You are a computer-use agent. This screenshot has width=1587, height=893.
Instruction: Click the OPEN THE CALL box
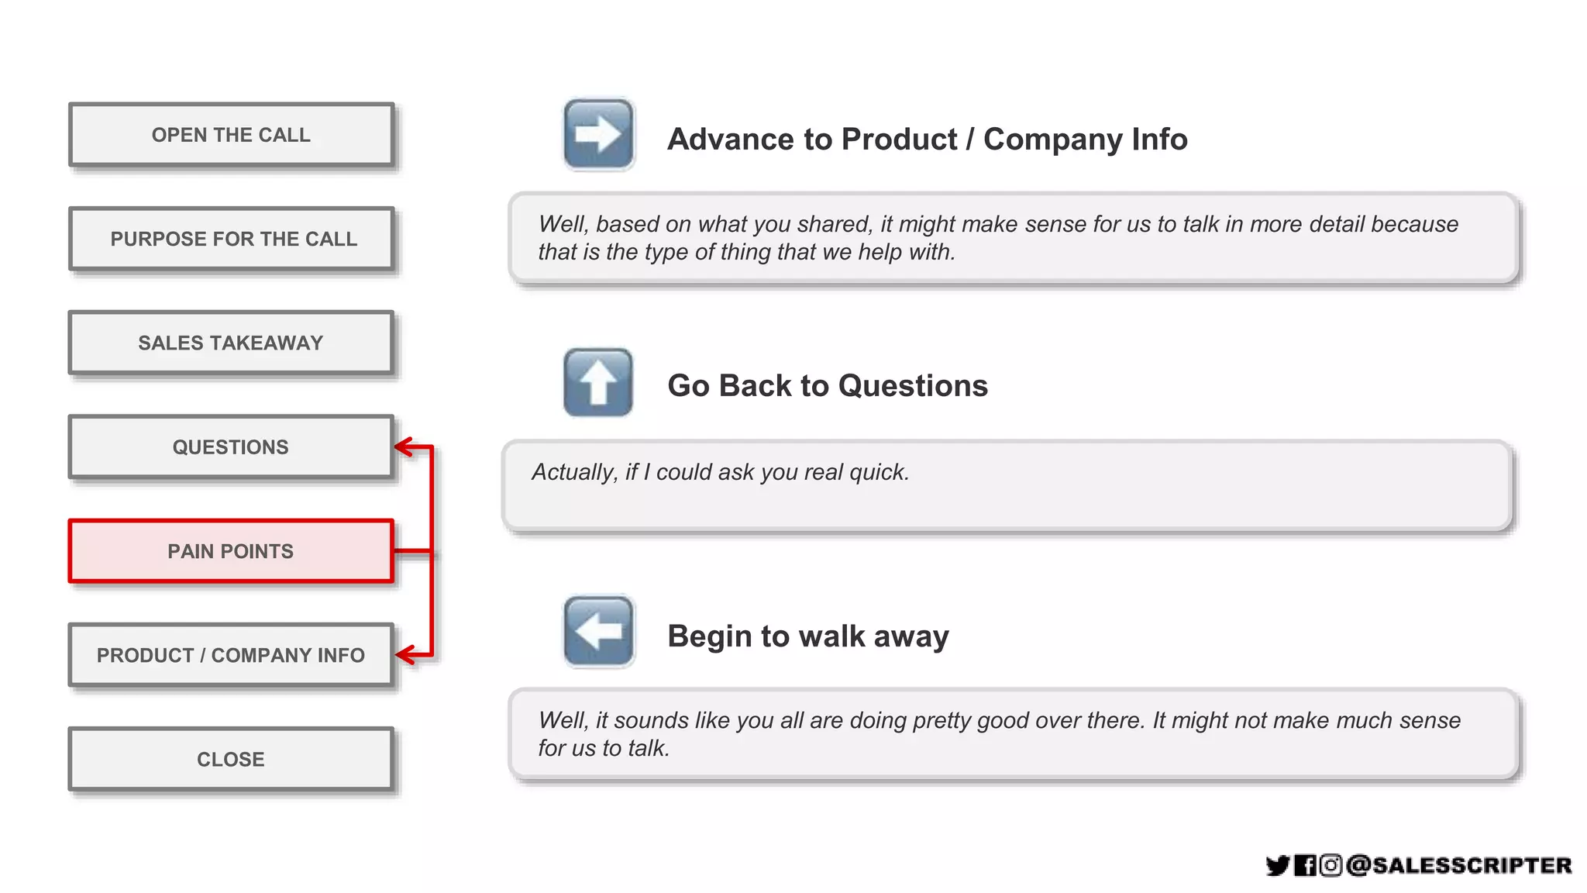click(x=231, y=135)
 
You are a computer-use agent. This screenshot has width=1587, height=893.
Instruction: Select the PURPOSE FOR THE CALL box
click(x=231, y=239)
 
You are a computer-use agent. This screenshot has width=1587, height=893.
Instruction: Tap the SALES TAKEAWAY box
click(x=231, y=343)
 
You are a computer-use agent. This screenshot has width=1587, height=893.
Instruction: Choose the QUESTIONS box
click(x=231, y=447)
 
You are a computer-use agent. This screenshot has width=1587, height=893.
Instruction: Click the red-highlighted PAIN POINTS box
click(x=231, y=551)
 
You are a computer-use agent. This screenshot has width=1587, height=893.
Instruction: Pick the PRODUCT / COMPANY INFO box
click(x=231, y=655)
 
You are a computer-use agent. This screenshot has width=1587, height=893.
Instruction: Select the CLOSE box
click(x=231, y=759)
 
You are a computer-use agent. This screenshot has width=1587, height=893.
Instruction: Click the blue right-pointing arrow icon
click(x=598, y=134)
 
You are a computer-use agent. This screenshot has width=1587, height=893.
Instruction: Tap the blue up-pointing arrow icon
click(x=598, y=382)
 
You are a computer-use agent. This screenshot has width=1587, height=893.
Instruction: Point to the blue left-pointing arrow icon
click(x=598, y=631)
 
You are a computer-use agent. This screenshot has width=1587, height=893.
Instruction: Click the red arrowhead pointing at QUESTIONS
click(x=404, y=446)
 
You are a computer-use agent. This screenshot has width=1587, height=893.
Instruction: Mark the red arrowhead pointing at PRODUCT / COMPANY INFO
click(x=404, y=654)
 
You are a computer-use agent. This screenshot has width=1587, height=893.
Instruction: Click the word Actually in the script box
click(x=574, y=472)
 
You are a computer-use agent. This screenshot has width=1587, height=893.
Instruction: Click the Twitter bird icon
click(x=1278, y=865)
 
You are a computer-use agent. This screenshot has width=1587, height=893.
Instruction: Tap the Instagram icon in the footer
click(x=1331, y=865)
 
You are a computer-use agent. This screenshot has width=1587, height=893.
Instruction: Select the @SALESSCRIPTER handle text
click(x=1459, y=865)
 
